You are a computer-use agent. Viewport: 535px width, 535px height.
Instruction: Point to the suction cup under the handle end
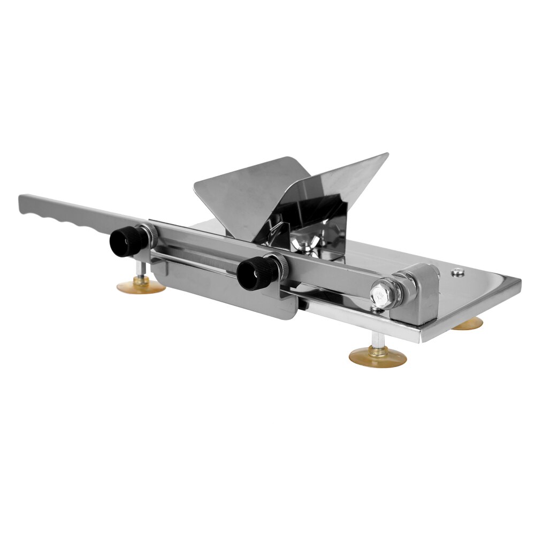pos(141,287)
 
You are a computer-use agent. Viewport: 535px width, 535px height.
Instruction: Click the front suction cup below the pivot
pos(378,356)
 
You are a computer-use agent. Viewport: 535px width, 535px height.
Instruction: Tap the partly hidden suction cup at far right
pos(468,324)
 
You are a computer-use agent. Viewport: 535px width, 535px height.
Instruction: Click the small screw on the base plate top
pos(456,273)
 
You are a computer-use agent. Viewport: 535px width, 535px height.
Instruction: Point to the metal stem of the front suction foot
pos(378,340)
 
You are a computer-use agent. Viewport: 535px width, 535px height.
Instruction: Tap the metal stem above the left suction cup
pos(140,270)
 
